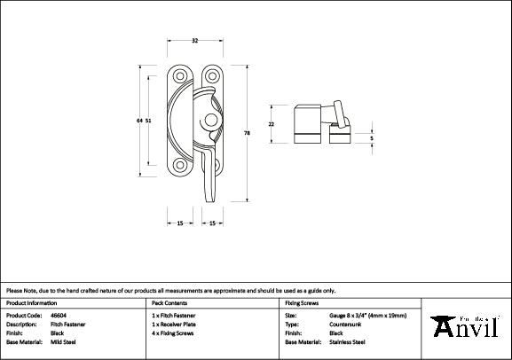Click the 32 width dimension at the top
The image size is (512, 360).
[194, 40]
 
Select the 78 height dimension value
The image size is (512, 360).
[246, 132]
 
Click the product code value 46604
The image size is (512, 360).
[60, 315]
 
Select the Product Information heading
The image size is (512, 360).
[32, 302]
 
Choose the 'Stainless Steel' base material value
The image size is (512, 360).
[347, 341]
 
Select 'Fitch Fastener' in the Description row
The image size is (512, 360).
[69, 324]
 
